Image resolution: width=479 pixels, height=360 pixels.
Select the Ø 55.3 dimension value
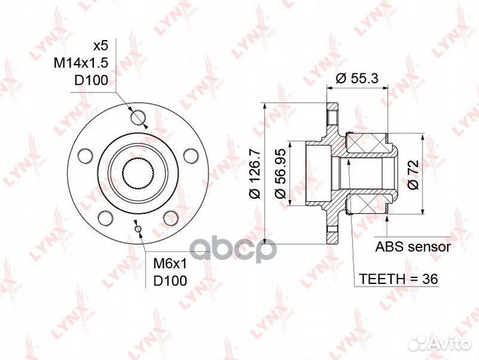pyautogui.click(x=357, y=78)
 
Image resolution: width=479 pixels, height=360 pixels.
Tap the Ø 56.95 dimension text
pyautogui.click(x=280, y=174)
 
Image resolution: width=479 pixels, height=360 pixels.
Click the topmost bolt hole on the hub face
pyautogui.click(x=138, y=118)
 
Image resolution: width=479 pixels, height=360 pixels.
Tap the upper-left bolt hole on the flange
pyautogui.click(x=84, y=157)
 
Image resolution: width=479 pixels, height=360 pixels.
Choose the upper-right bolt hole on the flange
pyautogui.click(x=191, y=157)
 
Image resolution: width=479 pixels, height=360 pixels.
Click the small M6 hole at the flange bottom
pyautogui.click(x=138, y=230)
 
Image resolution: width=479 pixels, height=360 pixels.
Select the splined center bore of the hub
pyautogui.click(x=138, y=174)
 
